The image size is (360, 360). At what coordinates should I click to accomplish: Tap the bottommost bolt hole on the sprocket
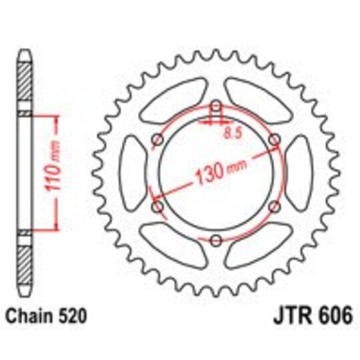tap(215, 241)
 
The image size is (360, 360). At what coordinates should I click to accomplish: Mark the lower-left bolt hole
tap(157, 207)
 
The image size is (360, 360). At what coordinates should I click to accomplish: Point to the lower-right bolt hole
tap(274, 207)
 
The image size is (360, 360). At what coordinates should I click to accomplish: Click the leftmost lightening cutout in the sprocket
tap(131, 173)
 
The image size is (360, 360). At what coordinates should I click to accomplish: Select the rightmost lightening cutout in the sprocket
tap(299, 173)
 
